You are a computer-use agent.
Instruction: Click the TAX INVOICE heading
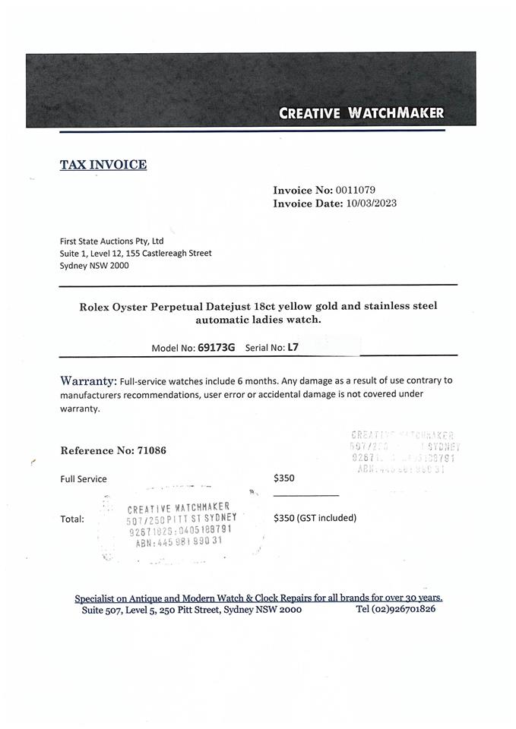(103, 165)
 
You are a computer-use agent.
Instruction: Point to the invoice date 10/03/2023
(371, 204)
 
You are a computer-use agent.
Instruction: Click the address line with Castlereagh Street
(135, 253)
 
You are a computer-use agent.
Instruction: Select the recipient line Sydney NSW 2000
(94, 266)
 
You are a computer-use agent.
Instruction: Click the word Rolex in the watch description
(96, 306)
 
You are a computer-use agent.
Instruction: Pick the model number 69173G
(217, 348)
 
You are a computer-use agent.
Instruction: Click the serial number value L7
(293, 348)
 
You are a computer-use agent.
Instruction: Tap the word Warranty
(88, 380)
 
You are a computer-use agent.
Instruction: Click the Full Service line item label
(84, 479)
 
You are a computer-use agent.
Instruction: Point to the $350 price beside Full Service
(283, 478)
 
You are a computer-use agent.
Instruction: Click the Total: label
(72, 519)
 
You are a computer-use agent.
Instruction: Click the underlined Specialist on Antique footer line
(258, 598)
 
